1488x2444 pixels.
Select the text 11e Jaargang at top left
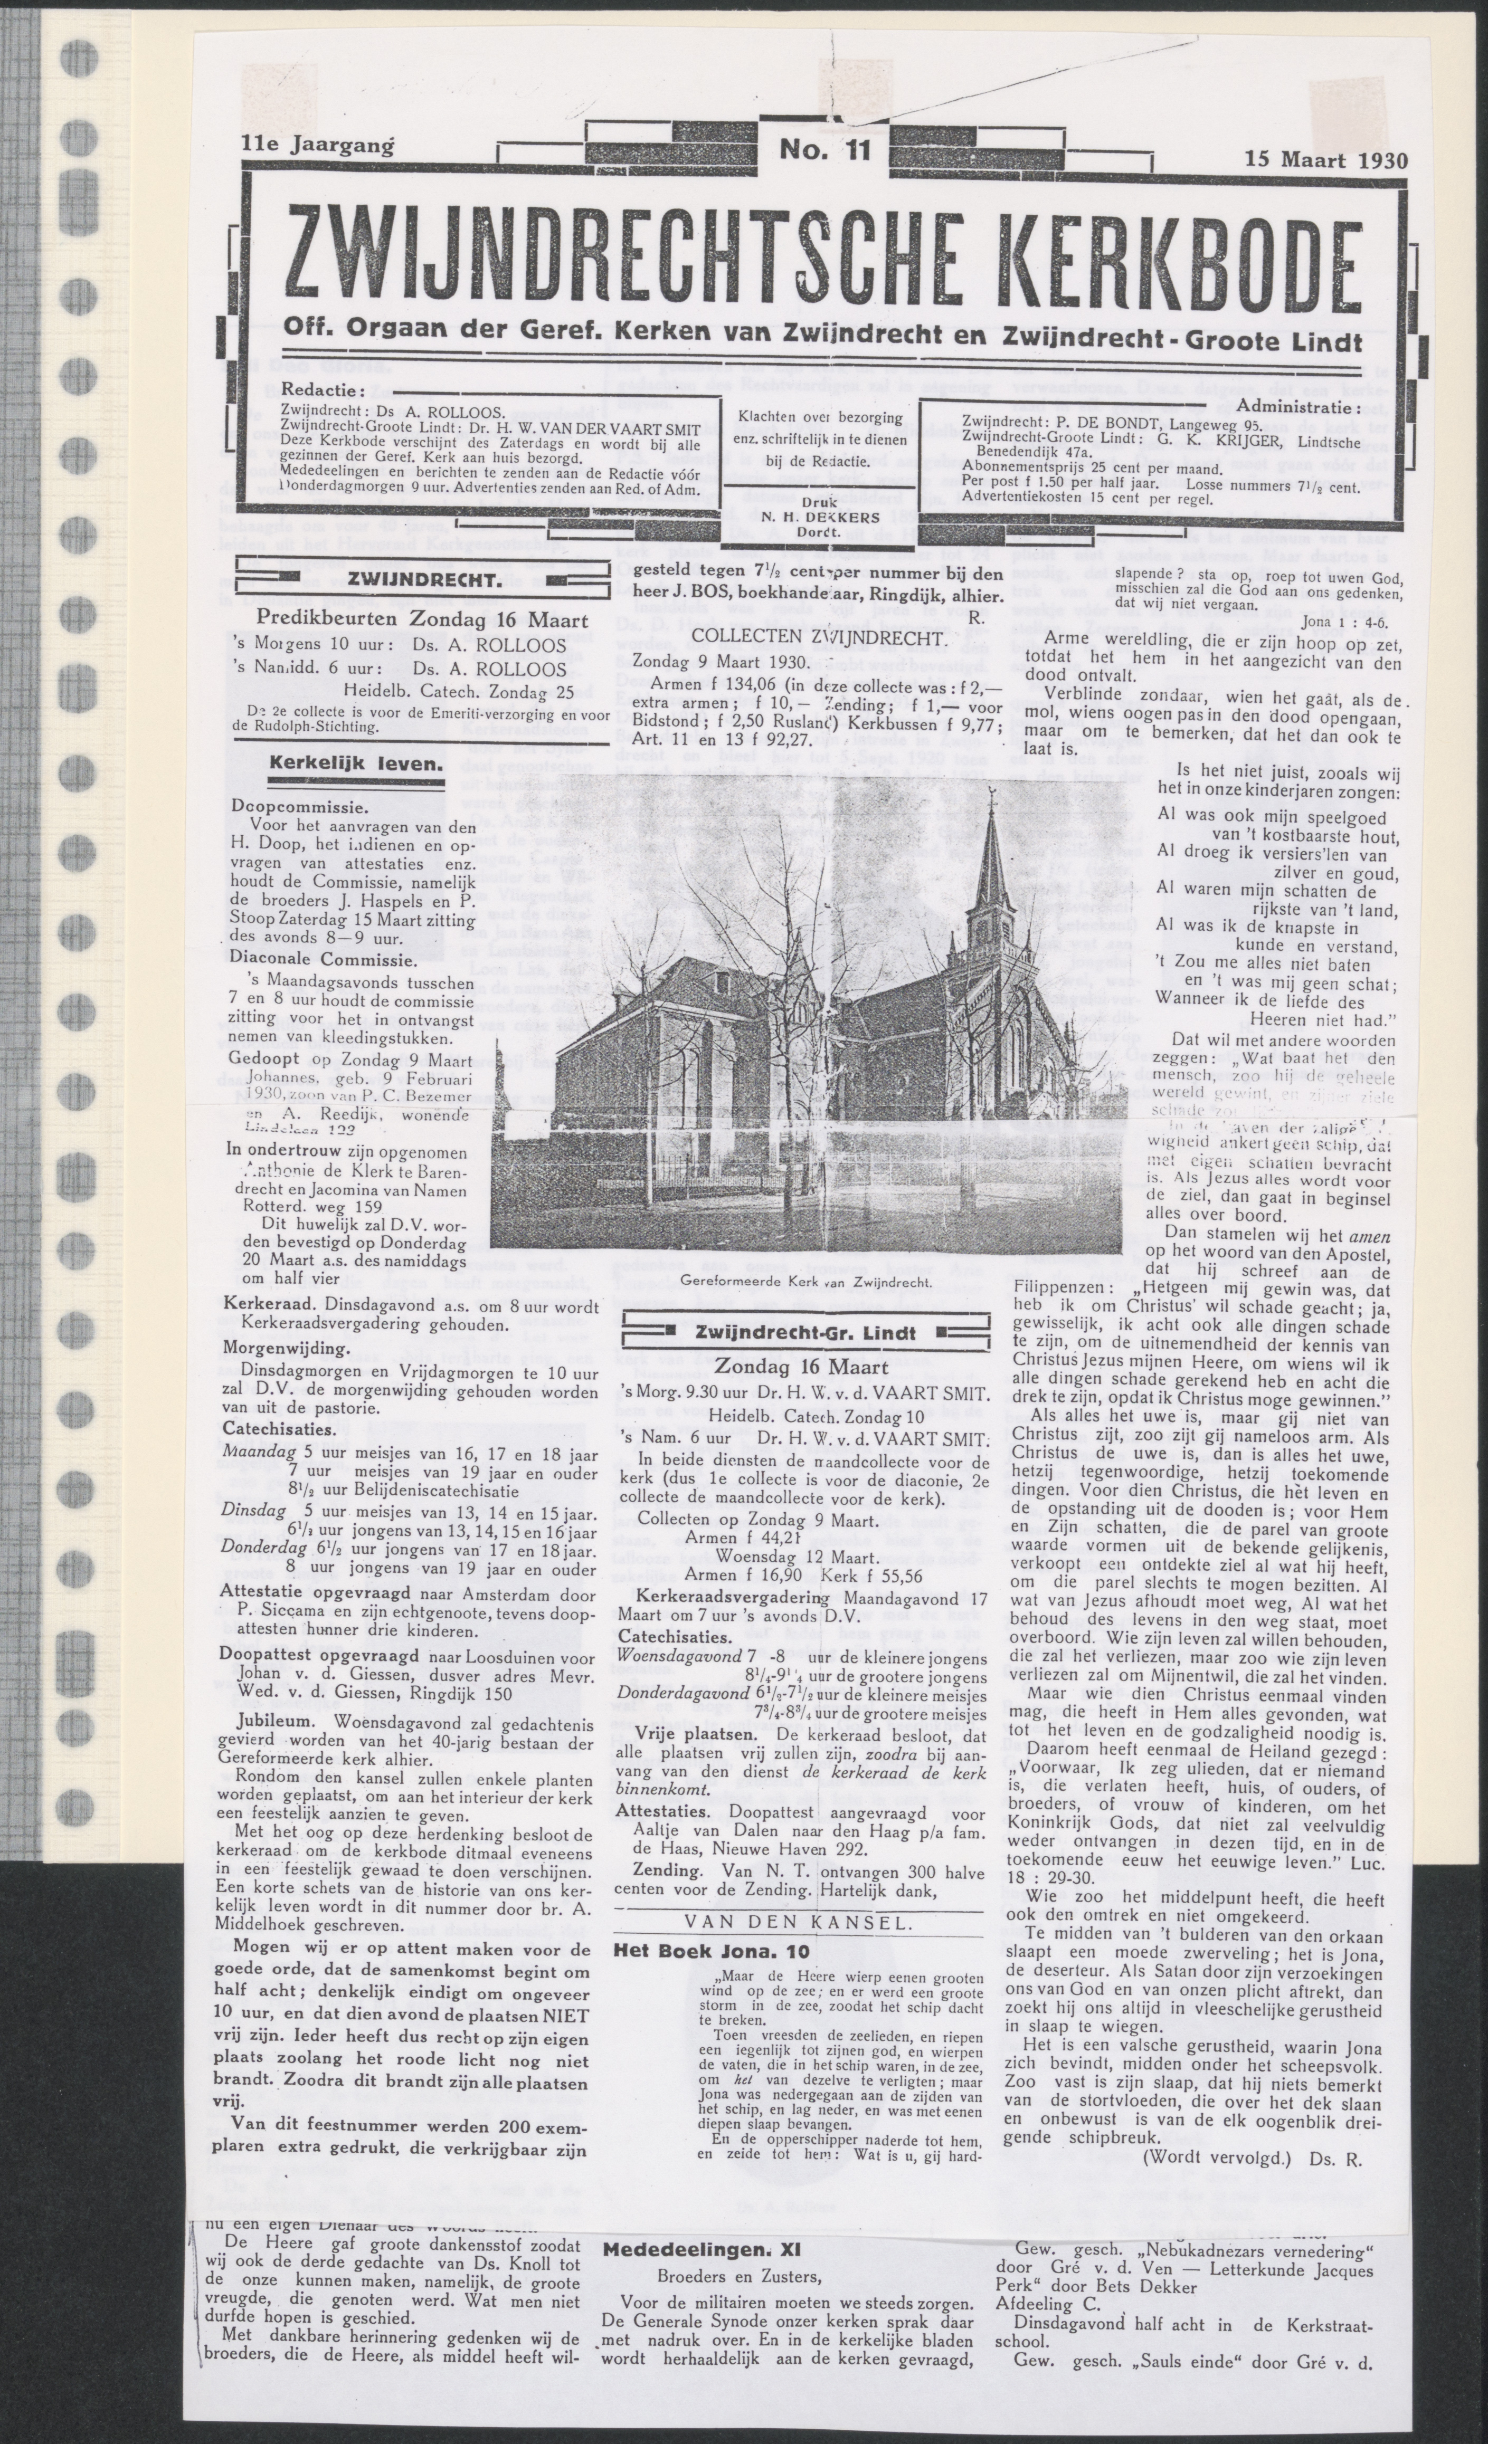317,144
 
